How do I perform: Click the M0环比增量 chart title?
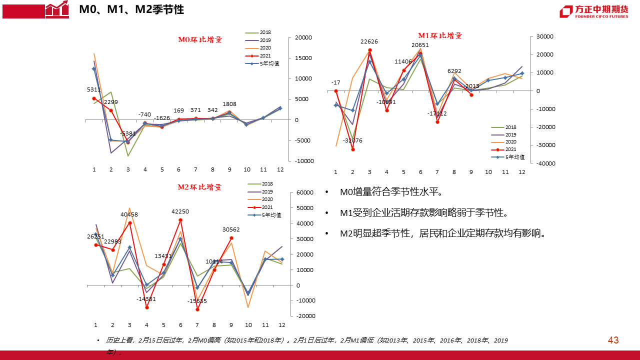point(200,39)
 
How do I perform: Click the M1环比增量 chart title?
point(440,35)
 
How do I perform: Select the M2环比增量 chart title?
point(199,187)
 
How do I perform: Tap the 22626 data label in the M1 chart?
point(369,41)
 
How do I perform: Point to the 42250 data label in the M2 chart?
point(180,211)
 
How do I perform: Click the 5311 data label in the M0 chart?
point(93,90)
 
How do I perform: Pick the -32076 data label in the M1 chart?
point(352,140)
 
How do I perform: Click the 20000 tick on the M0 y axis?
point(303,37)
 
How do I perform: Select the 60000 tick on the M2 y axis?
point(304,192)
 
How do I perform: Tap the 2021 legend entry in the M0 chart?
point(265,55)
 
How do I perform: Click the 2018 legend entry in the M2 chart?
point(267,184)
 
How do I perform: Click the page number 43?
point(613,340)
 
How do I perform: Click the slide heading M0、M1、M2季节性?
point(131,9)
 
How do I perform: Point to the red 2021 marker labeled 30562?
point(231,238)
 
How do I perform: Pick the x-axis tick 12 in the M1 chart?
point(521,172)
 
